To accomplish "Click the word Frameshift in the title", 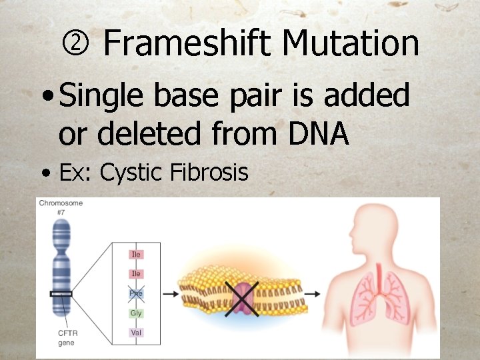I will [x=188, y=44].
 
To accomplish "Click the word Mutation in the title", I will [x=350, y=44].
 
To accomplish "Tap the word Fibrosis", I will [x=209, y=173].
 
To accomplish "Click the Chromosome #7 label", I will [x=61, y=207].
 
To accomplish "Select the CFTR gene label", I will [x=67, y=338].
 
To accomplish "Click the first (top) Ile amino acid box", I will [x=136, y=254].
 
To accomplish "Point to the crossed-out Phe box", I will [x=136, y=293].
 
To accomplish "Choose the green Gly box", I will [x=136, y=313].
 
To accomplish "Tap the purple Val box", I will [x=136, y=332].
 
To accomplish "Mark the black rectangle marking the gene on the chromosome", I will [x=61, y=293].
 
